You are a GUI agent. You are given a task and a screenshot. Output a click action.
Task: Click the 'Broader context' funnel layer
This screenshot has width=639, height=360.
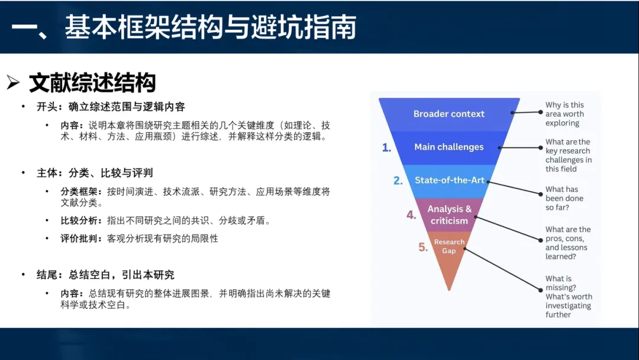coord(449,114)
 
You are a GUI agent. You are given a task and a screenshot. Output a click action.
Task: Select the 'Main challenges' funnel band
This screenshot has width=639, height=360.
coord(449,147)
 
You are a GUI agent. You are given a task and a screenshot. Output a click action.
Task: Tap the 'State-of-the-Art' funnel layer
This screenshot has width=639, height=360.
coord(449,181)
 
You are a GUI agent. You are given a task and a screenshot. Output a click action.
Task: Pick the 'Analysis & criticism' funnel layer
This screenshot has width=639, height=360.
coord(449,215)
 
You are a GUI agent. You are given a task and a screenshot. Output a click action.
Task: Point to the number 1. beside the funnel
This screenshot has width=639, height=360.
coord(386,147)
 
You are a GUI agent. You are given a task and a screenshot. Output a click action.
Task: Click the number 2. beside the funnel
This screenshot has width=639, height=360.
coord(398,181)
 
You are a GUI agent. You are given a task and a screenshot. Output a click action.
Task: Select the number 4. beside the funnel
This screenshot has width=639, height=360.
coord(411,214)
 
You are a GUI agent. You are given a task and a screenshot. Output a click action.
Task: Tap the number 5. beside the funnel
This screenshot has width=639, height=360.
coord(423,247)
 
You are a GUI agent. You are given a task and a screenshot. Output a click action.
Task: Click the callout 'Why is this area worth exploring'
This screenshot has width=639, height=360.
coord(565,114)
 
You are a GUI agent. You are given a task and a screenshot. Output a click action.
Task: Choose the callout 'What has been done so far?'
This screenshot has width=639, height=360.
coord(564,198)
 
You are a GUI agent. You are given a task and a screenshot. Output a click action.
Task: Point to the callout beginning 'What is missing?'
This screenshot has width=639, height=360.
coord(569,297)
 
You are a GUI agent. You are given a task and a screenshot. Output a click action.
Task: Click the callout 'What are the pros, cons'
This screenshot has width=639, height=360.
coord(568,243)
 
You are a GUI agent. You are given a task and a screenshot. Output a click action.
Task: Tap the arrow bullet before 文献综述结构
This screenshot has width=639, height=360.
coord(13,83)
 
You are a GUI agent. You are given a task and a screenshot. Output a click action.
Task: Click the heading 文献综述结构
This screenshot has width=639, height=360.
coord(92,83)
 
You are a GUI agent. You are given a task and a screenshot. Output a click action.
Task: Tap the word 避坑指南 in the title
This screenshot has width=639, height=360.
coord(304,27)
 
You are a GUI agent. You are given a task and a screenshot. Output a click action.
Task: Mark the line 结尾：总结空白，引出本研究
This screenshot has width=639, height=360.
coord(105,275)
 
